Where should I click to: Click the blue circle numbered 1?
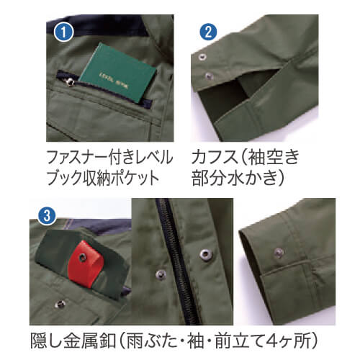tap(65, 32)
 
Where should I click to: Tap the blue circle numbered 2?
tap(207, 32)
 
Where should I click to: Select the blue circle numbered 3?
tap(45, 214)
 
